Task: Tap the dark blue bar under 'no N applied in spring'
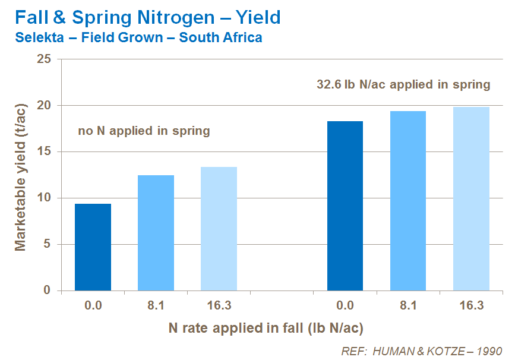tap(93, 247)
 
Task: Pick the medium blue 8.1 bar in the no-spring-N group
tap(156, 233)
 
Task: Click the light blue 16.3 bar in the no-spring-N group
tap(219, 229)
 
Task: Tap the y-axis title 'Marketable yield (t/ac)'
tap(21, 175)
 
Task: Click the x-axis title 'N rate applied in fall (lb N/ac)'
tap(266, 327)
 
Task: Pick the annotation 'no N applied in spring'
tap(144, 131)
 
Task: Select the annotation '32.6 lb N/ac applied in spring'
tap(403, 84)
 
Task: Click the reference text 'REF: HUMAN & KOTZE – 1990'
tap(422, 351)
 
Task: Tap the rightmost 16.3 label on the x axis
tap(471, 306)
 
